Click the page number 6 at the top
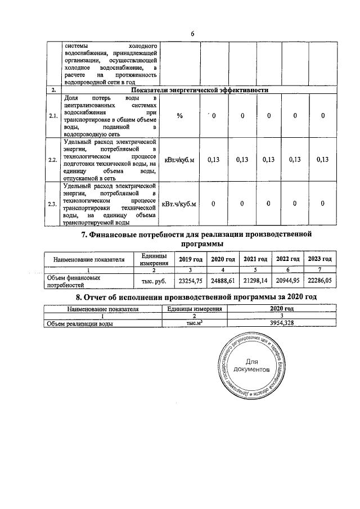coord(192,33)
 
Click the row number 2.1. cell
coord(53,116)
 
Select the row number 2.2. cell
coord(53,160)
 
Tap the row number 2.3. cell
coord(53,204)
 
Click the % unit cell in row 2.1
coord(180,116)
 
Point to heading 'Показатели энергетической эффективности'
coord(199,90)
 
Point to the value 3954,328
coord(274,323)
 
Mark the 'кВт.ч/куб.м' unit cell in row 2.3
coord(179,204)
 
